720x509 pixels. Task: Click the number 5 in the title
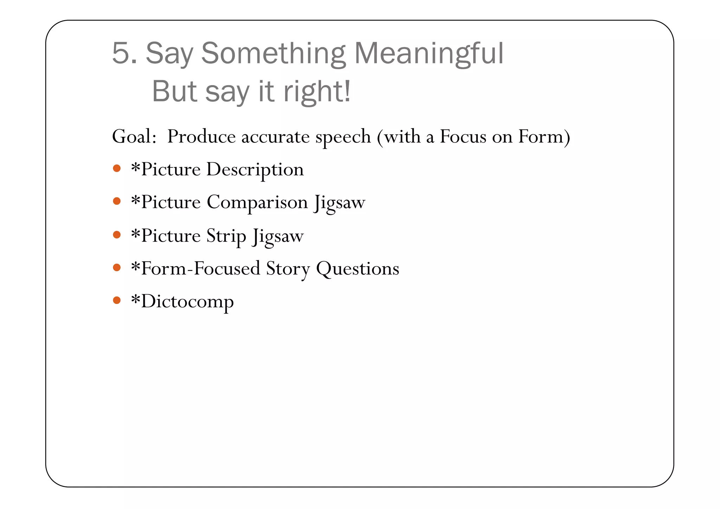[x=121, y=53]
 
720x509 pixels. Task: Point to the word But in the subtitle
[x=174, y=91]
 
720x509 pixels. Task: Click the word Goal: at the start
[x=134, y=136]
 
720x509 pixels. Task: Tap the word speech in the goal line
[x=343, y=137]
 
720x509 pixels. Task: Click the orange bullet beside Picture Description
[x=117, y=168]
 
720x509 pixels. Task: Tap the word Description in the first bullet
[x=255, y=170]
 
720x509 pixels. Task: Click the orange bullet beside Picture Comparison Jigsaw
[x=117, y=201]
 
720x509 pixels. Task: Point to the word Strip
[x=226, y=236]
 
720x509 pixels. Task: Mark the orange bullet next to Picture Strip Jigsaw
[x=117, y=235]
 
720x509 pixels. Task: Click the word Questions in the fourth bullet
[x=358, y=269]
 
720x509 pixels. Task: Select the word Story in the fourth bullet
[x=288, y=269]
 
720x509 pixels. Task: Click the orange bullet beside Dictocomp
[x=117, y=300]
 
